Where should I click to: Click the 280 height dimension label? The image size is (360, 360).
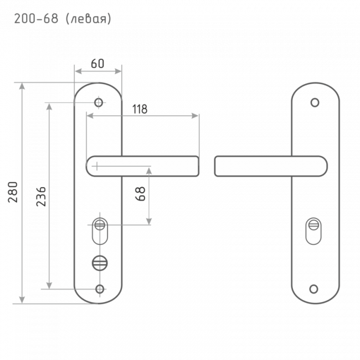click(13, 192)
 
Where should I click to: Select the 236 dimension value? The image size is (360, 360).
click(42, 197)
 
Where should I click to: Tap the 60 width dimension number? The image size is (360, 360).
click(97, 64)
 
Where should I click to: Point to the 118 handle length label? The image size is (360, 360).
click(140, 109)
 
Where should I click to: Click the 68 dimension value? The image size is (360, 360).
click(141, 193)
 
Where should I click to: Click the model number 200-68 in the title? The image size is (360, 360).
click(36, 19)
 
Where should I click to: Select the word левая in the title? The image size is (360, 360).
click(89, 19)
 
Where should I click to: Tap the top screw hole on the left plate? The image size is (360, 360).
click(99, 102)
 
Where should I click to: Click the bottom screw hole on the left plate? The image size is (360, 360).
click(100, 289)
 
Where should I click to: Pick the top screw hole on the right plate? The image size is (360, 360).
click(315, 102)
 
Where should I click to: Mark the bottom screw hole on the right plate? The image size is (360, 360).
click(313, 289)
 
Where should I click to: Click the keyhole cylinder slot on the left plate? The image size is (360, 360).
click(100, 231)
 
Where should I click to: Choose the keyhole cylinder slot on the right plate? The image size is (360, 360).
click(313, 231)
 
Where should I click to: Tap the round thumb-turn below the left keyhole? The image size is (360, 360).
click(100, 263)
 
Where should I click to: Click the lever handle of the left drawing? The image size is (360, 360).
click(142, 166)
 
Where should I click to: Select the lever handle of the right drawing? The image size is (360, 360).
click(271, 166)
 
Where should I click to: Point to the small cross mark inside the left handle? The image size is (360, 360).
click(97, 166)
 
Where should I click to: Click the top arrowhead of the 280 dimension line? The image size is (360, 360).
click(22, 86)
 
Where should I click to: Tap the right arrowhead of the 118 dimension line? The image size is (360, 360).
click(195, 116)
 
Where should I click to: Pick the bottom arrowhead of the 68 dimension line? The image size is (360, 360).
click(149, 222)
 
